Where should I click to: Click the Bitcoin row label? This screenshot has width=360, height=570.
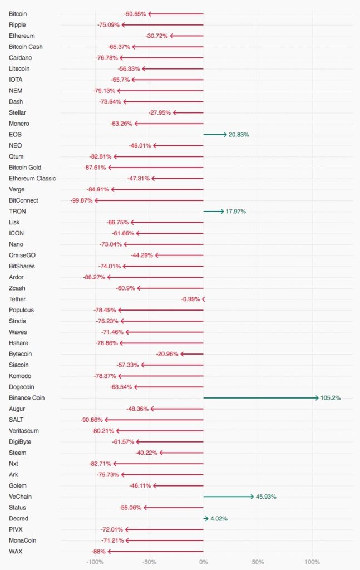coord(18,13)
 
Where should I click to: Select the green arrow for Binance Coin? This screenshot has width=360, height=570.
coord(261,398)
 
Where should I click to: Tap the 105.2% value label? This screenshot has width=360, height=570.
coord(331,398)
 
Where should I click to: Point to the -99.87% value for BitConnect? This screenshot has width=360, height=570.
coord(81,200)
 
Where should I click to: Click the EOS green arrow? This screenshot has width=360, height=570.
coord(215,135)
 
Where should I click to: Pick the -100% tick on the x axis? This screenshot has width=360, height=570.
coord(95,562)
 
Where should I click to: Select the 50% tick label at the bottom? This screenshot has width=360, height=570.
coord(258,562)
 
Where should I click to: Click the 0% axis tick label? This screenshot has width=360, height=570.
coord(204,562)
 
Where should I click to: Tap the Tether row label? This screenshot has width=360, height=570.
coord(17,299)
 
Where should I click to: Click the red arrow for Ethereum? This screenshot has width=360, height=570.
coord(187,36)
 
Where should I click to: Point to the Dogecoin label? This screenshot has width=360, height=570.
coord(22,387)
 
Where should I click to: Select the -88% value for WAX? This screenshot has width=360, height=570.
coord(99,552)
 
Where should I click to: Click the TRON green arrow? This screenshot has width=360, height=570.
coord(214,212)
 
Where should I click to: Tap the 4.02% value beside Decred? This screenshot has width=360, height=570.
coord(219,519)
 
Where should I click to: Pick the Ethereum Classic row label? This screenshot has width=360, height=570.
coord(32,179)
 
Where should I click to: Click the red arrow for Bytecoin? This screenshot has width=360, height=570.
coord(192,354)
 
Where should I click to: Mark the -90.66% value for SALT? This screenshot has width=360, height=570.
coord(91,420)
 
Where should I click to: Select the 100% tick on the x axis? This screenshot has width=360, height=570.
coord(312,562)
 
